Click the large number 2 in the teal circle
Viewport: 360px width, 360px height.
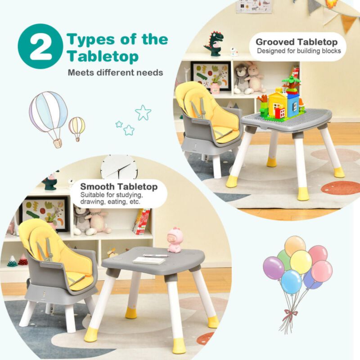40,46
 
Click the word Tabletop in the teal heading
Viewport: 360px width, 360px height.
103,57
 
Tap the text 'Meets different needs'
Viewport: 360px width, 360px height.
115,72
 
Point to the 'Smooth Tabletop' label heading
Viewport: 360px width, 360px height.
119,186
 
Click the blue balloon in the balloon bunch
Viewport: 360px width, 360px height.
291,281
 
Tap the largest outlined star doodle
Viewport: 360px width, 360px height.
143,112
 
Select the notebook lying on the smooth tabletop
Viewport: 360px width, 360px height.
149,260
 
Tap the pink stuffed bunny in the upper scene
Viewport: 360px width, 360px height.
255,77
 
